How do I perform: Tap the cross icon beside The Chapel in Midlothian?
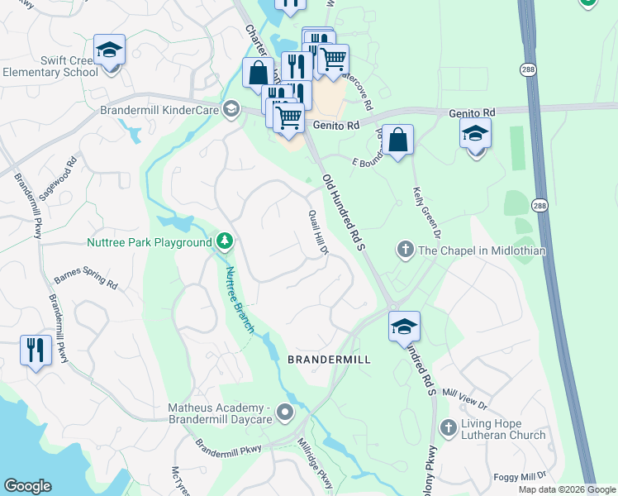point(405,248)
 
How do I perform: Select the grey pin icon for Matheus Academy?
point(285,412)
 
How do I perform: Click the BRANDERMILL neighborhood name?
point(328,360)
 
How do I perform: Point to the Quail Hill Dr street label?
point(319,231)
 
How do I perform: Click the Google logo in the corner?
point(27,486)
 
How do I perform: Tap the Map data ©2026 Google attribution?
point(567,489)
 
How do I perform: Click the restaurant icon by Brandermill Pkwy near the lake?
point(36,350)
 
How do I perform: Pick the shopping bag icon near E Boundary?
point(398,140)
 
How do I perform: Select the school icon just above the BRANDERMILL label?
point(404,327)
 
